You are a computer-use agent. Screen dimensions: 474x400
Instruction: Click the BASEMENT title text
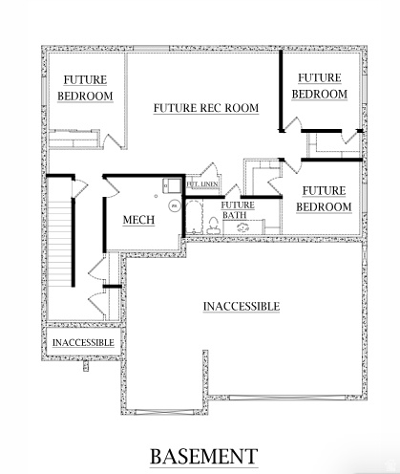click(202, 455)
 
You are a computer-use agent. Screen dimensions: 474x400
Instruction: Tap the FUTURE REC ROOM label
click(206, 108)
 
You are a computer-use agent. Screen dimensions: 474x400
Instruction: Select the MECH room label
click(139, 221)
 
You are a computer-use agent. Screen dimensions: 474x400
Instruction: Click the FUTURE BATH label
click(238, 210)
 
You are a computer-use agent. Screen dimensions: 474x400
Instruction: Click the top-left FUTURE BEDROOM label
click(85, 88)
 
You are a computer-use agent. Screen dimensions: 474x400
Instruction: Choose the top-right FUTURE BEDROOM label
click(318, 86)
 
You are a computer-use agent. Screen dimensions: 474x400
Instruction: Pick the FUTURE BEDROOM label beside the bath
click(320, 199)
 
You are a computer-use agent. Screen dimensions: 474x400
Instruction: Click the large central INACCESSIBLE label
click(242, 306)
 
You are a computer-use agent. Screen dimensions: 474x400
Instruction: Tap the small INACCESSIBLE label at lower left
click(83, 342)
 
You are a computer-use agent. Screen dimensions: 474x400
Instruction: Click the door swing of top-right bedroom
click(294, 125)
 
